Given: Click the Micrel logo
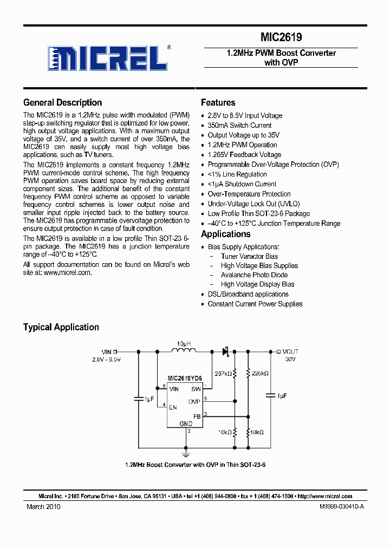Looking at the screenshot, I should coord(107,57).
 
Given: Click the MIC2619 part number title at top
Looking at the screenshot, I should coord(281,37).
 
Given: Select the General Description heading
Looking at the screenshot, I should coord(62,102).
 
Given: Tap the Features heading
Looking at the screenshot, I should coord(218,102).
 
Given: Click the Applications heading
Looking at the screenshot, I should coord(225,234).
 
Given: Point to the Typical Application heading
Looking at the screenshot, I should coord(61,327).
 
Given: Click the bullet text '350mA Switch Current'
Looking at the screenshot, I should coord(239,125).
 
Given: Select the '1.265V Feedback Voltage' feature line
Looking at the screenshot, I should coord(244,154).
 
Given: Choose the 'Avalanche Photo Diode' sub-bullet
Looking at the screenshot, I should coord(255,275).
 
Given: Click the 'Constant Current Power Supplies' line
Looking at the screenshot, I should coord(255,304).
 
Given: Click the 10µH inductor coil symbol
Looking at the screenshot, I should coord(184,351).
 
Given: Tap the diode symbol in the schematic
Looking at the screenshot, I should coord(225,351).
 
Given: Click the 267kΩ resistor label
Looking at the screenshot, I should coord(223,373).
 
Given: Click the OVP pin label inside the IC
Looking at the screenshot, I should coord(194,402).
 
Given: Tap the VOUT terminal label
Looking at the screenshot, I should coord(290,351).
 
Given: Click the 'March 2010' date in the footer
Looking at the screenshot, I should coord(43,507).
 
